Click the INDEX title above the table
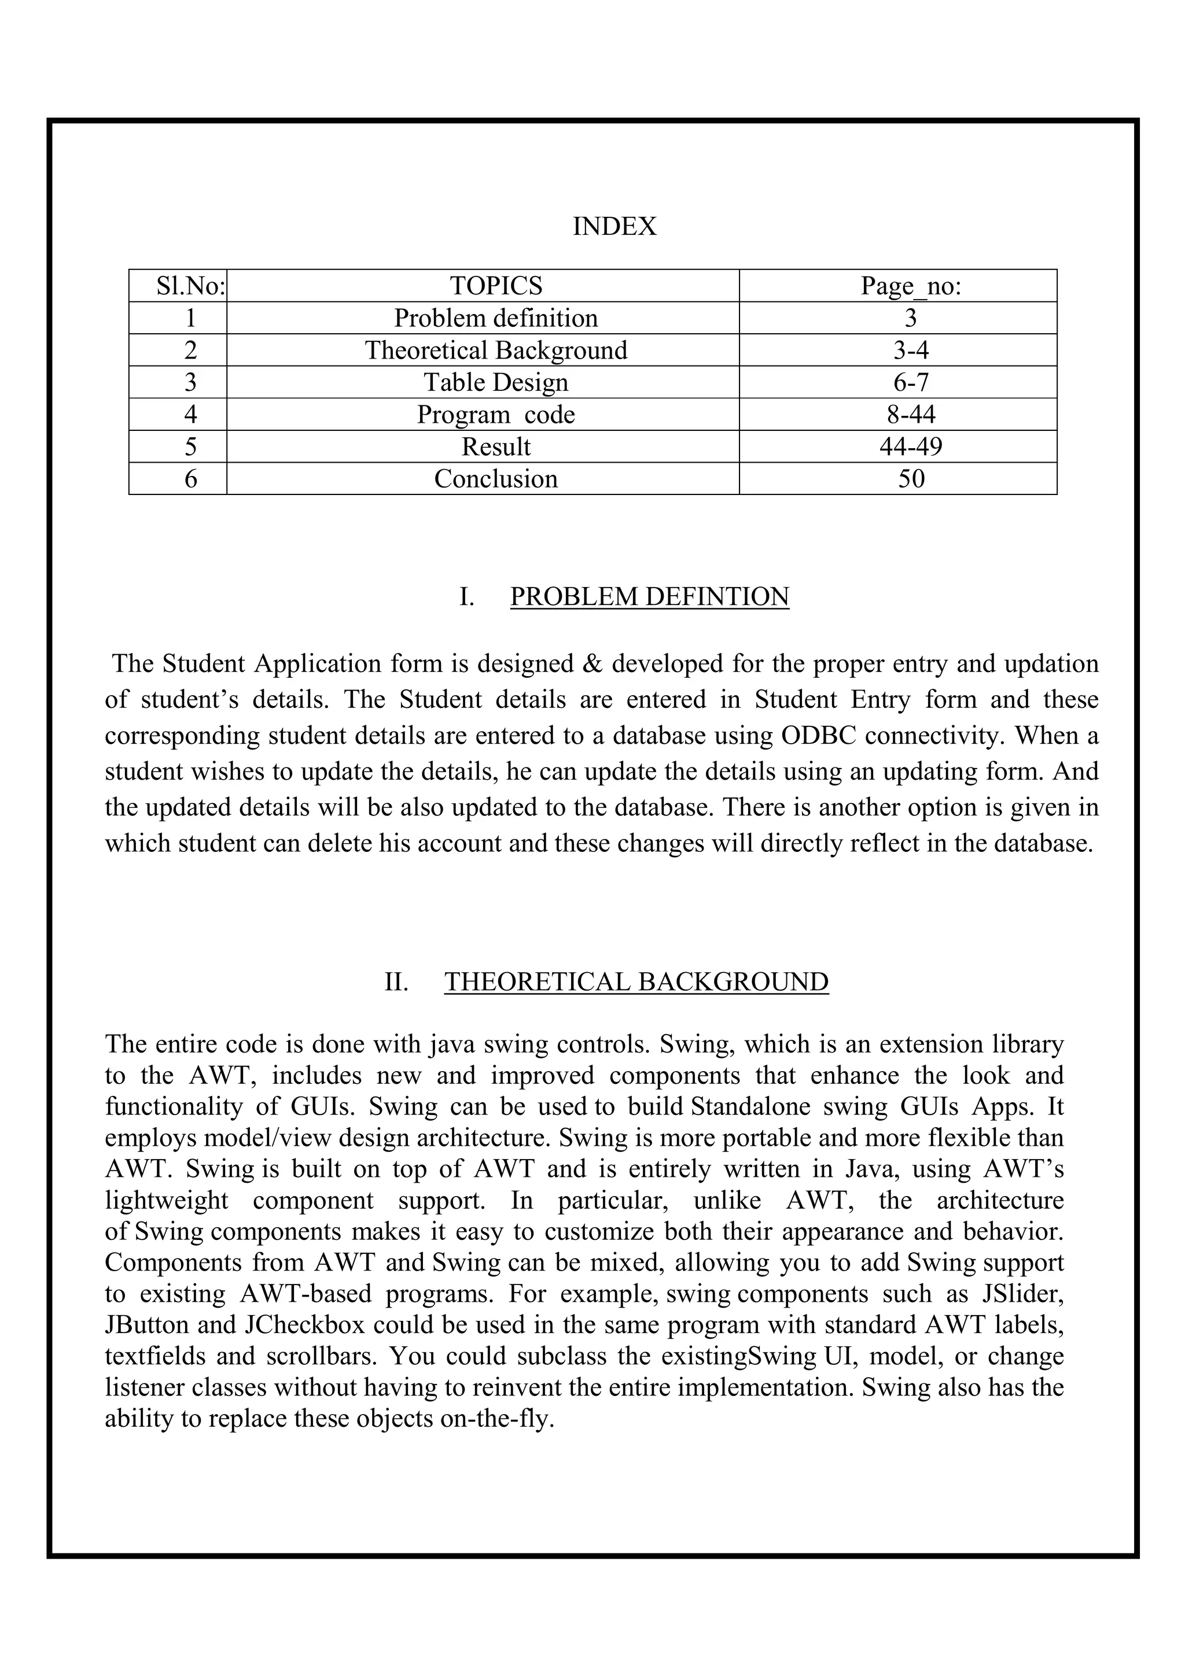pos(614,226)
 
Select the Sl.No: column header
pos(190,286)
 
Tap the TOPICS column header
pos(496,286)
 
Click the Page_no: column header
pos(911,286)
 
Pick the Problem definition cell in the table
pos(496,318)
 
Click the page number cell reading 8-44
pos(911,415)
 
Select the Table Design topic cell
pos(496,382)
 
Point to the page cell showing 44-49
pos(911,446)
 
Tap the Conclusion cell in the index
pos(496,479)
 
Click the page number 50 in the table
pos(911,479)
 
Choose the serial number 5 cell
pos(190,446)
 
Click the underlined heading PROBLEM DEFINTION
pos(649,596)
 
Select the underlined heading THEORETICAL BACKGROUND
pos(636,982)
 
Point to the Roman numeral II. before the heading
pos(396,982)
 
